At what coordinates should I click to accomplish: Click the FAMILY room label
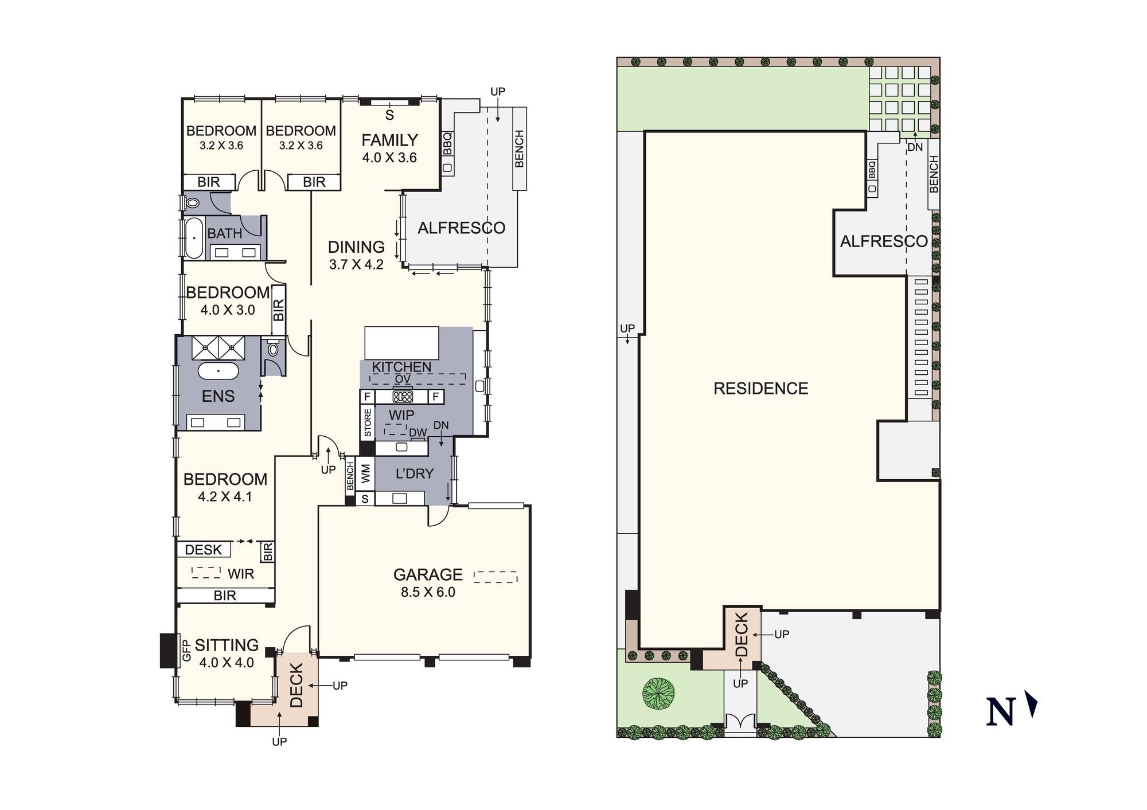point(389,140)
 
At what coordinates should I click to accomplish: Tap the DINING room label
point(356,247)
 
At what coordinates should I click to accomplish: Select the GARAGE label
point(428,574)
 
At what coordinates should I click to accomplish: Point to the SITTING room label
point(227,645)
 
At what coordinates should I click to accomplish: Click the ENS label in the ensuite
point(218,396)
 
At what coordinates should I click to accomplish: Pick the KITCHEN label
point(401,367)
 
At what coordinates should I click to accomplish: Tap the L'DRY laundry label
point(415,474)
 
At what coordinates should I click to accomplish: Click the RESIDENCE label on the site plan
point(761,389)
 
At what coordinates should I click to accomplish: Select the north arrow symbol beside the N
point(1031,705)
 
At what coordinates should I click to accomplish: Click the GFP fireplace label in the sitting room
point(186,651)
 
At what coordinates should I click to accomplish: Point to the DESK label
point(203,550)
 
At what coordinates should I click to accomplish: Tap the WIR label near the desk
point(241,574)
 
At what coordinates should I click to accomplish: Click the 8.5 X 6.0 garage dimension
point(428,592)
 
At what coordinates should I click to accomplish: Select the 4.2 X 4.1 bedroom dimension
point(225,496)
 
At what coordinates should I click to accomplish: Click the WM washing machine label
point(366,474)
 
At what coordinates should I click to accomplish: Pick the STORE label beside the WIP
point(368,422)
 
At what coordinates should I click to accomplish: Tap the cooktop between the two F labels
point(403,396)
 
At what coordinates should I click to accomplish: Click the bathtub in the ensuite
point(219,371)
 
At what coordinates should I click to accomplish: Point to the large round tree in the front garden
point(658,693)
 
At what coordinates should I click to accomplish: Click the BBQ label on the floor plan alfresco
point(447,143)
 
